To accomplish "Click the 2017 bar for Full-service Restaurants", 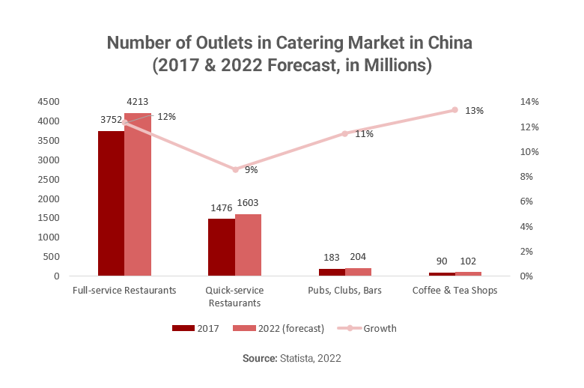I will point(111,203).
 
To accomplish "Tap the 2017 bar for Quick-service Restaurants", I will point(221,247).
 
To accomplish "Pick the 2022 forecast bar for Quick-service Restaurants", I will point(248,245).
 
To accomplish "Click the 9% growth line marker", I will point(235,169).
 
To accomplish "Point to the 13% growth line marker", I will point(454,110).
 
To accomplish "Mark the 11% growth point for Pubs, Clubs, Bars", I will point(344,134).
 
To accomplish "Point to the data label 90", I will point(442,261).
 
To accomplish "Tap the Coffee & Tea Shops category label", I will point(454,291).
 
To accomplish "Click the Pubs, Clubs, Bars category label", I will point(344,291).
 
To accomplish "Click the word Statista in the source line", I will point(298,360).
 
